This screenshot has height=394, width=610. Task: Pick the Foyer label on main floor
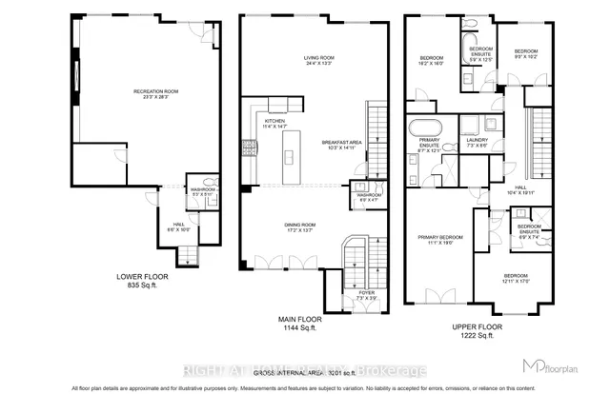click(x=366, y=295)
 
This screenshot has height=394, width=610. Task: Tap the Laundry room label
click(x=478, y=144)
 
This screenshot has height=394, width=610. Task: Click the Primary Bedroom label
click(x=438, y=240)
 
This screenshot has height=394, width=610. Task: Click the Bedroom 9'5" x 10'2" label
click(x=526, y=53)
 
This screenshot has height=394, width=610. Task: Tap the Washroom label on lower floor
click(x=201, y=192)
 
